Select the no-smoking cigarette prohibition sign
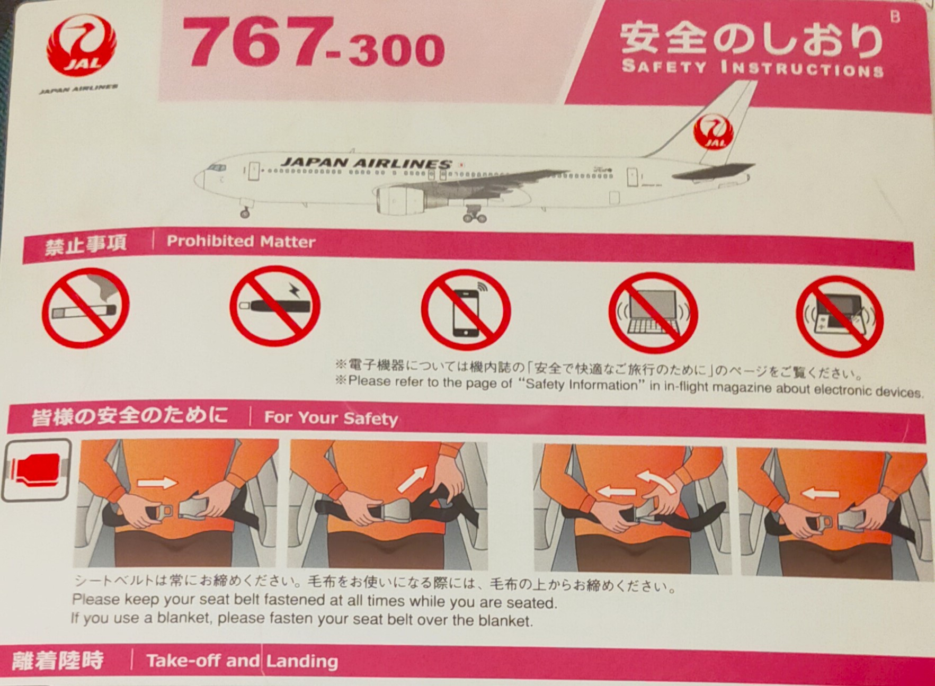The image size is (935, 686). pyautogui.click(x=86, y=307)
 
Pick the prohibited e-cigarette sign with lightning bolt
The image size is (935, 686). pyautogui.click(x=274, y=306)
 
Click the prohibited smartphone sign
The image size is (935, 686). pyautogui.click(x=466, y=310)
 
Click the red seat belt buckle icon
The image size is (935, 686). pyautogui.click(x=36, y=470)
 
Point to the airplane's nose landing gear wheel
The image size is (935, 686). pyautogui.click(x=245, y=213)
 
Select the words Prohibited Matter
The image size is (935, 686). pyautogui.click(x=241, y=242)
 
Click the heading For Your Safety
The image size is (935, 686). pyautogui.click(x=331, y=418)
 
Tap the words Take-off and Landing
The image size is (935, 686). pyautogui.click(x=242, y=661)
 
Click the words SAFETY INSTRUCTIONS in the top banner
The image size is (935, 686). pyautogui.click(x=752, y=68)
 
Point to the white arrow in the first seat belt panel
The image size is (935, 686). pyautogui.click(x=157, y=483)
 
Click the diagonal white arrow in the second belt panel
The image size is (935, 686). pyautogui.click(x=413, y=479)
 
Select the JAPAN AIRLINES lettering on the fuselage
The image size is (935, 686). pyautogui.click(x=366, y=163)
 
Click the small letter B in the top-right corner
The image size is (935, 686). pyautogui.click(x=895, y=17)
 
